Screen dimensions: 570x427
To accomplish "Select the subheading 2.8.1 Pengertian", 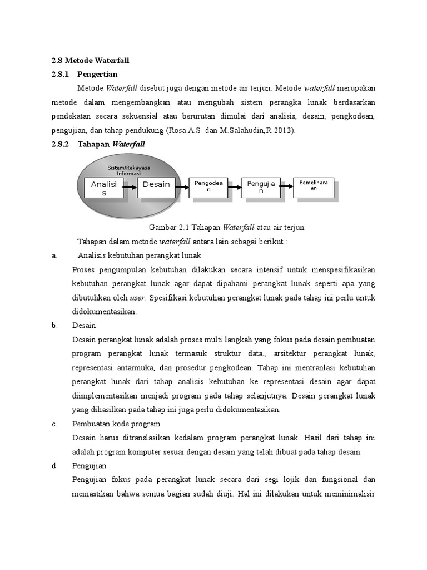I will coord(85,74).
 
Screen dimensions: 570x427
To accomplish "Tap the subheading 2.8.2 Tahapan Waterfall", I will coord(98,144).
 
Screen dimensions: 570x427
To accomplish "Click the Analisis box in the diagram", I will coord(103,188).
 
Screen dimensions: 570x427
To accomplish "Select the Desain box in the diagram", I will coord(156,185).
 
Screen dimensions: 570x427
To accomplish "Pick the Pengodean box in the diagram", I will coord(208,186).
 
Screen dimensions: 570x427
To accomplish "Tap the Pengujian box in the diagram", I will coord(261,188).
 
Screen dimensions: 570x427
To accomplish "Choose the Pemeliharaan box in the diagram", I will coord(314,185).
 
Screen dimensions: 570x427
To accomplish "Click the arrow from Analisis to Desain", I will coord(130,188).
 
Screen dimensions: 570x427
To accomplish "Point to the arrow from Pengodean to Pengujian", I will coord(235,188).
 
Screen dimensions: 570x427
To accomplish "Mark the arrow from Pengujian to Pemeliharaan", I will coord(287,187).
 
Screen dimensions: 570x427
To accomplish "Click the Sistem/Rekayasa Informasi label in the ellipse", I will coord(128,170).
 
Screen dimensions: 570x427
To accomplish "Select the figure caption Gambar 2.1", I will coord(226,228).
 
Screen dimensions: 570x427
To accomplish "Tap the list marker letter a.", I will coord(54,255).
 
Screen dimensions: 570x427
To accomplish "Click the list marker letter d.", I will coord(54,466).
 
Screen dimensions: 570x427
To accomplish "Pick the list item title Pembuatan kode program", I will coord(116,424).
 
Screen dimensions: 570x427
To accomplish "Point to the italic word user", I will coord(137,298).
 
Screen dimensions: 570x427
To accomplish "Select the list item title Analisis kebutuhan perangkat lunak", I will coord(139,255).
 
